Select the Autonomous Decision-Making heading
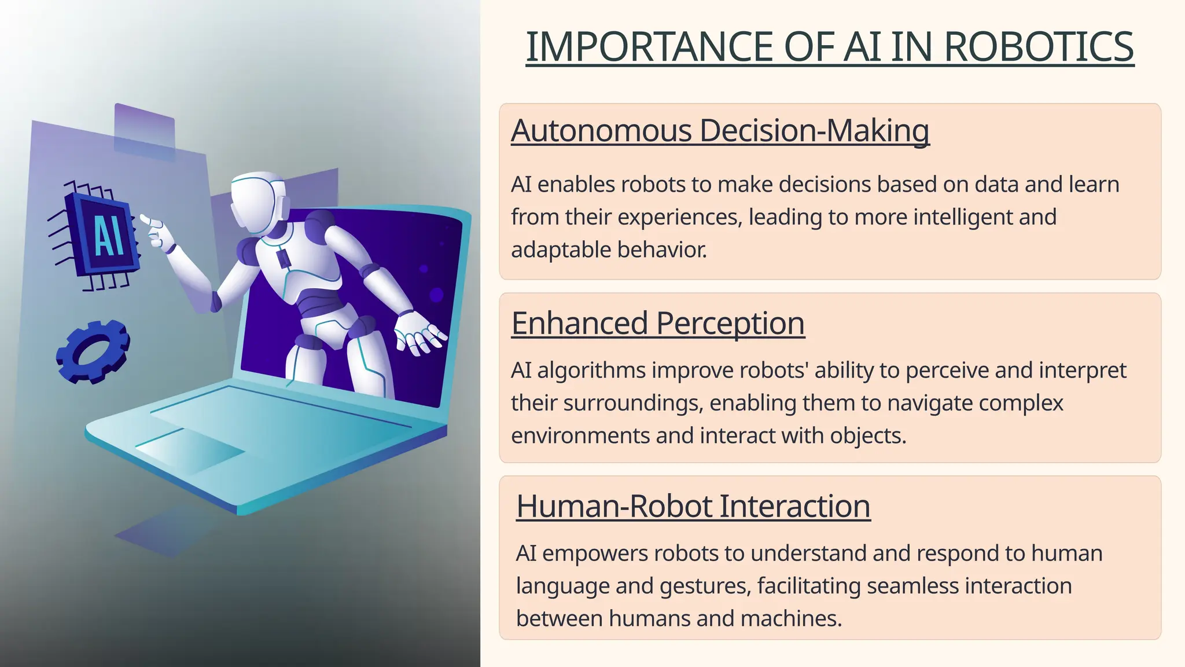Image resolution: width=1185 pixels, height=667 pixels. pyautogui.click(x=720, y=130)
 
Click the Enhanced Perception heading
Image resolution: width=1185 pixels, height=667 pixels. pyautogui.click(x=658, y=323)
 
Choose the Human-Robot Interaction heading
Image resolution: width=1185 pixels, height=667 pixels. pyautogui.click(x=693, y=506)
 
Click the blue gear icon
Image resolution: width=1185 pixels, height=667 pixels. pyautogui.click(x=93, y=351)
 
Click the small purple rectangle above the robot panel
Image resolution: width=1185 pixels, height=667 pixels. pyautogui.click(x=145, y=130)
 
